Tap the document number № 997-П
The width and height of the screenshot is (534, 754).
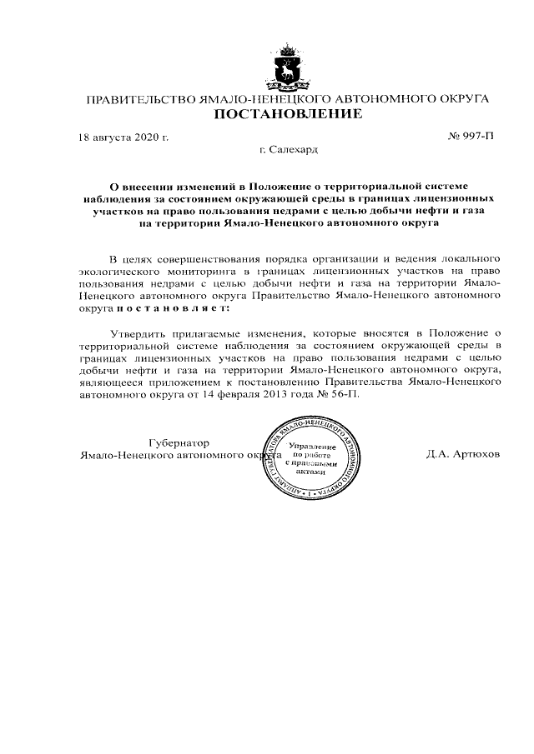471,137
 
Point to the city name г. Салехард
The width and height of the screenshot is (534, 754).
289,151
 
